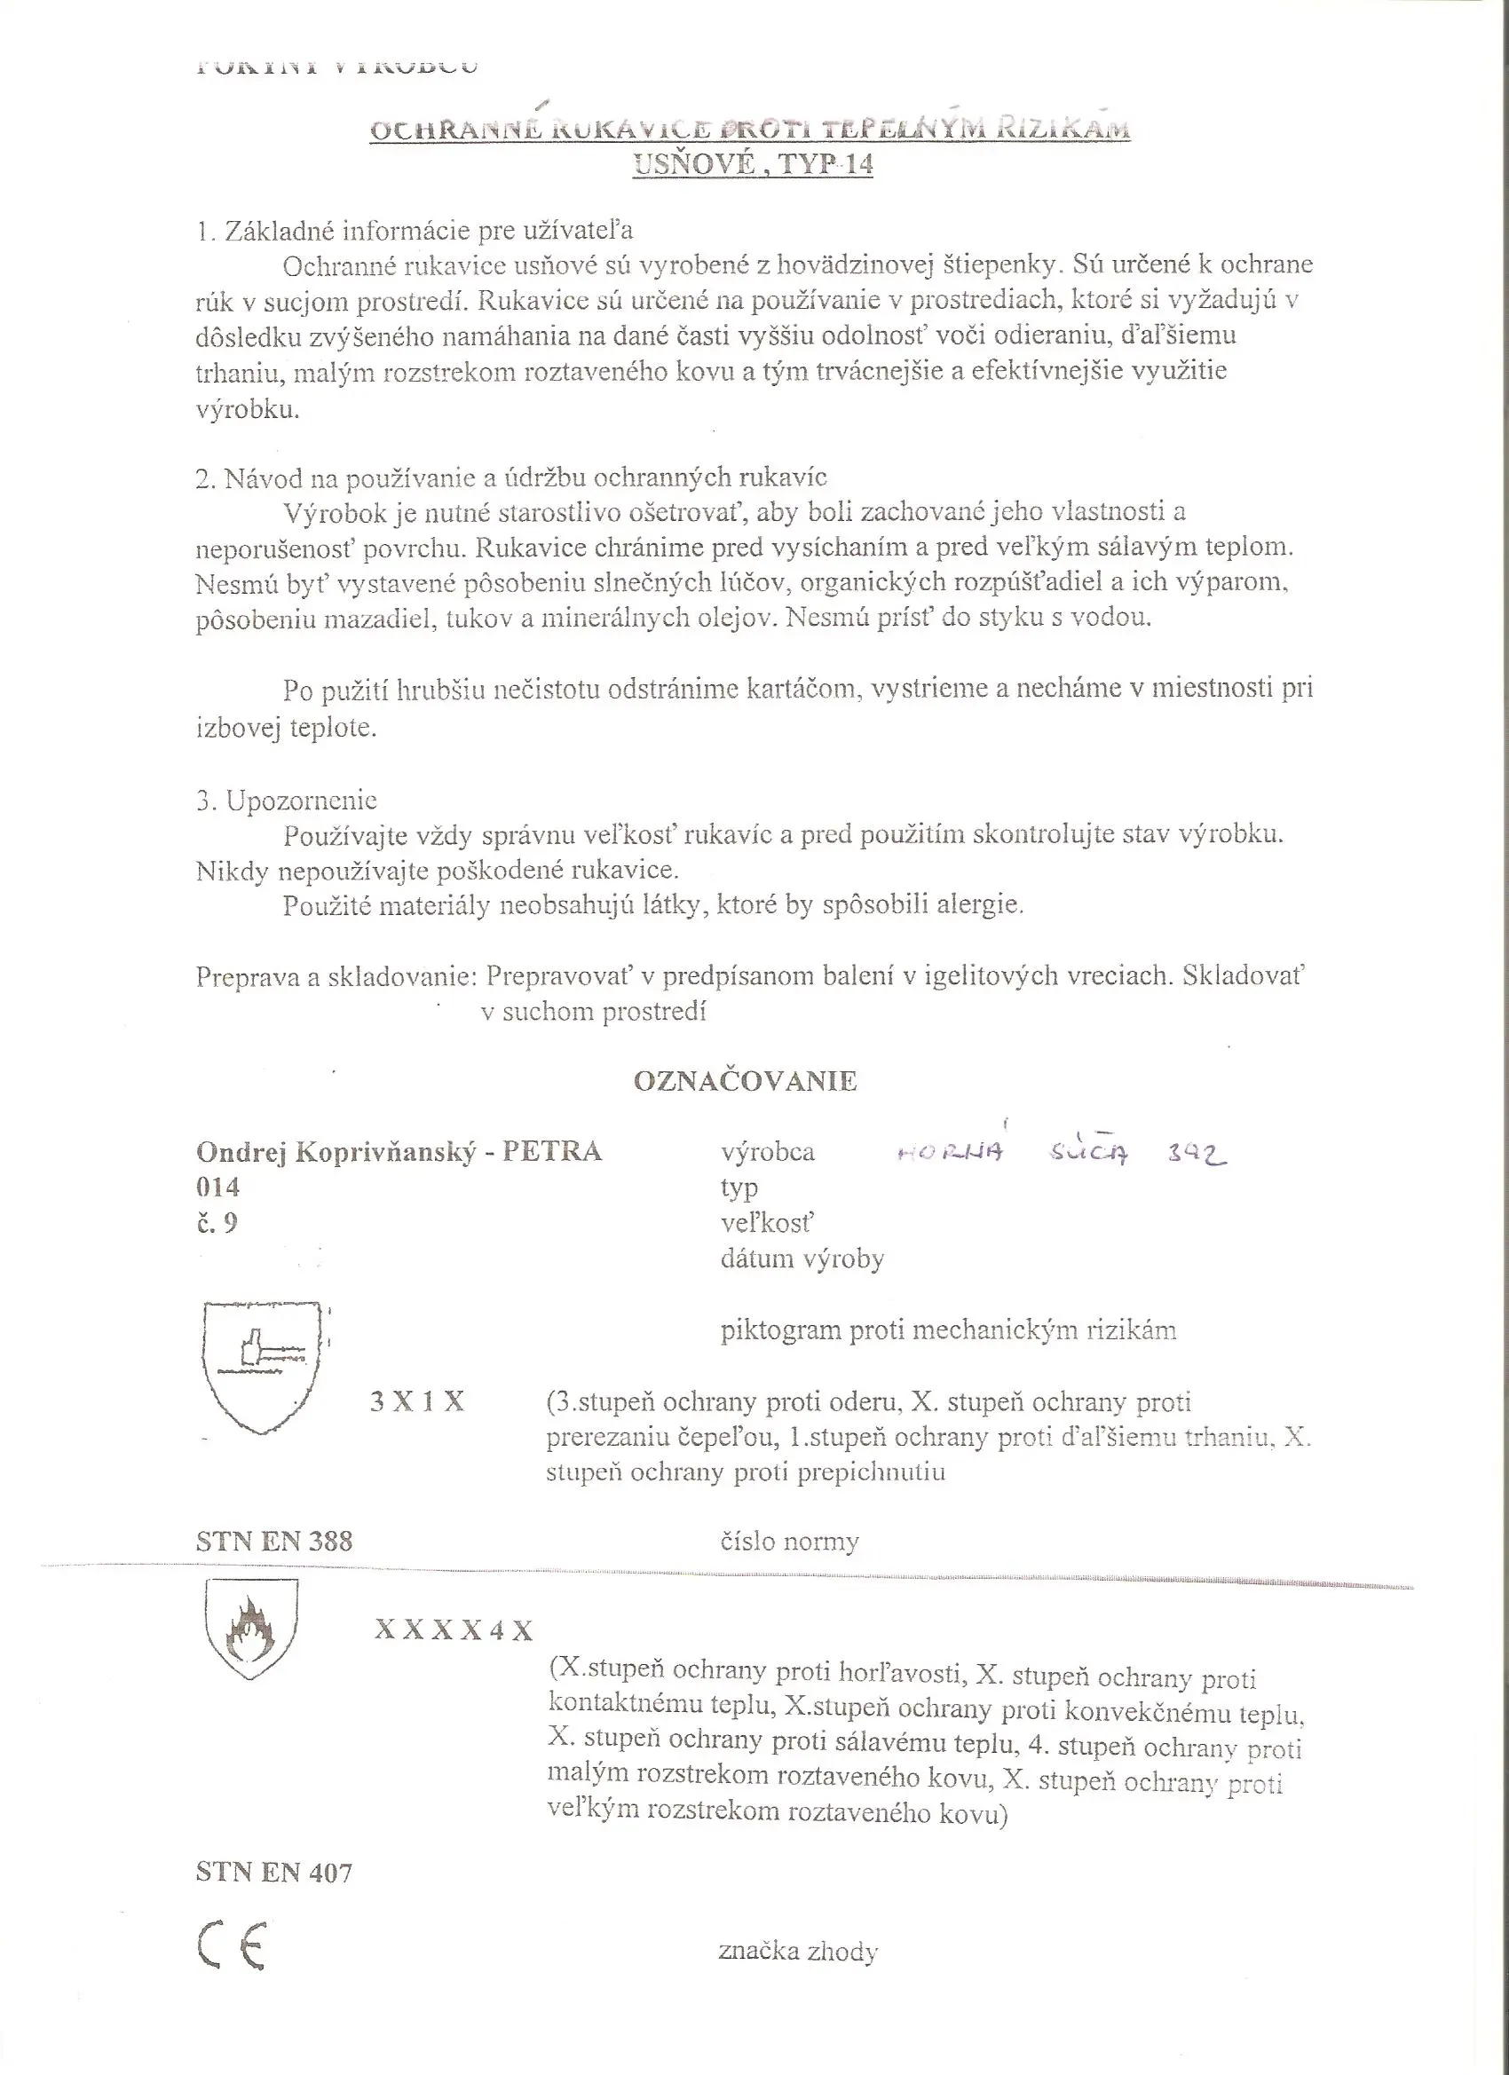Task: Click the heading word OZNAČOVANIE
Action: tap(745, 1080)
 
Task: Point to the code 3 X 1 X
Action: tap(417, 1401)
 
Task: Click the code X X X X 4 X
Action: tap(453, 1630)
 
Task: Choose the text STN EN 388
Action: tap(273, 1542)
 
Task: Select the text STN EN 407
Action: tap(273, 1873)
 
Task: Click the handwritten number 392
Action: tap(1197, 1155)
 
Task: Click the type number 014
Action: tap(217, 1187)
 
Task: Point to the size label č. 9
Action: tap(217, 1223)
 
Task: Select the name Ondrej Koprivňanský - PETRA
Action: tap(399, 1151)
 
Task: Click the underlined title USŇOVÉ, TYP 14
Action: tap(753, 165)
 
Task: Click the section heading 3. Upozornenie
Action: tap(287, 801)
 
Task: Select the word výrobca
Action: tap(768, 1151)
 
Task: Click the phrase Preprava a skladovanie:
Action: tap(336, 977)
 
